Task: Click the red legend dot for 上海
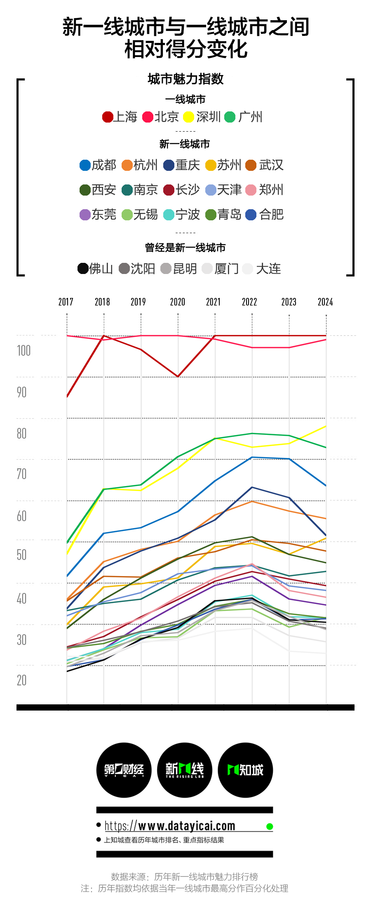(108, 117)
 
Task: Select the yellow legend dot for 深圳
(189, 117)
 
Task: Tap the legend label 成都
(104, 165)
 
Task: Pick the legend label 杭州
(146, 165)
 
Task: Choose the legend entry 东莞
(98, 215)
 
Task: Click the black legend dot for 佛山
(83, 269)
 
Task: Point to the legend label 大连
(268, 269)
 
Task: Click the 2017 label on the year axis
(66, 302)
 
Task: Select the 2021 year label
(214, 302)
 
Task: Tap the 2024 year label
(325, 302)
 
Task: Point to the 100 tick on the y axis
(24, 351)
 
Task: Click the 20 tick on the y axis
(22, 680)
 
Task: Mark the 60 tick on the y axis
(22, 516)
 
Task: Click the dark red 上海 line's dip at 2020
(178, 376)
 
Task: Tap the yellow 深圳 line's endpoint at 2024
(326, 426)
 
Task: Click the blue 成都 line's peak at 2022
(252, 457)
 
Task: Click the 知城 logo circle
(245, 770)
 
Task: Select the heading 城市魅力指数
(185, 79)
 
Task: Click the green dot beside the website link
(270, 827)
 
